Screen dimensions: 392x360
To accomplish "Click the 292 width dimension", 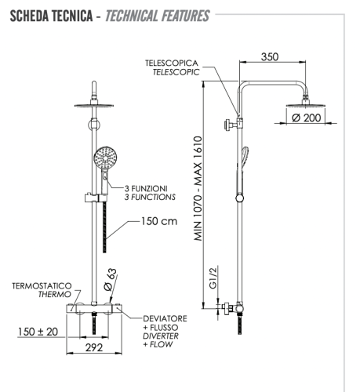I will click(x=95, y=348).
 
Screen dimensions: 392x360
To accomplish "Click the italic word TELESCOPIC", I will click(x=176, y=71).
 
